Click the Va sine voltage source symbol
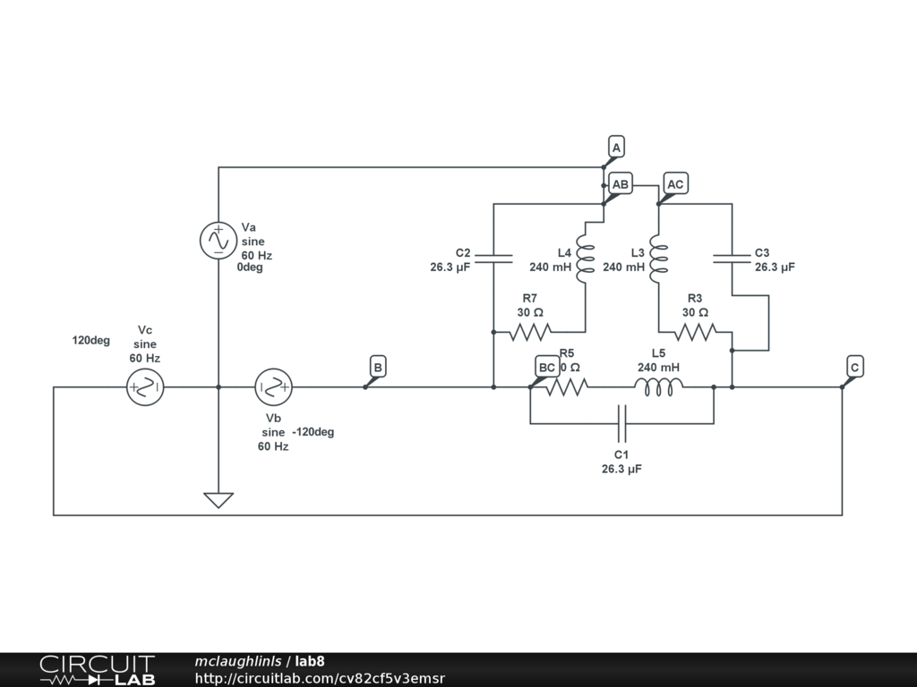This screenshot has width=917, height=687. (219, 241)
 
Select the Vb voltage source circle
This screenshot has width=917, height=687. (274, 387)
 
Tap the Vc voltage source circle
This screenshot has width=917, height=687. (145, 387)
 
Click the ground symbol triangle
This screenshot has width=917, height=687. (219, 500)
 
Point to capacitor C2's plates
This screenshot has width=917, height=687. (493, 259)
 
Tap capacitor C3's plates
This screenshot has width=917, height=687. (732, 259)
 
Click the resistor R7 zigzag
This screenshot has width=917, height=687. (530, 332)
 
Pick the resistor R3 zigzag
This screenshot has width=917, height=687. (695, 332)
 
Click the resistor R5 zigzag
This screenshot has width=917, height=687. (567, 387)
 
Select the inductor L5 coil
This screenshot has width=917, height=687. (658, 386)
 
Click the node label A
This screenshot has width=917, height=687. (616, 147)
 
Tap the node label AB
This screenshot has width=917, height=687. (620, 183)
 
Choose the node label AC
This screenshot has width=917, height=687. (675, 183)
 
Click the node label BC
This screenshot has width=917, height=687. (546, 367)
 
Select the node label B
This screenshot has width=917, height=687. (378, 367)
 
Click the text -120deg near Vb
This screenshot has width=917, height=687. (313, 432)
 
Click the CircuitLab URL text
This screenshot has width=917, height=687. (320, 678)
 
